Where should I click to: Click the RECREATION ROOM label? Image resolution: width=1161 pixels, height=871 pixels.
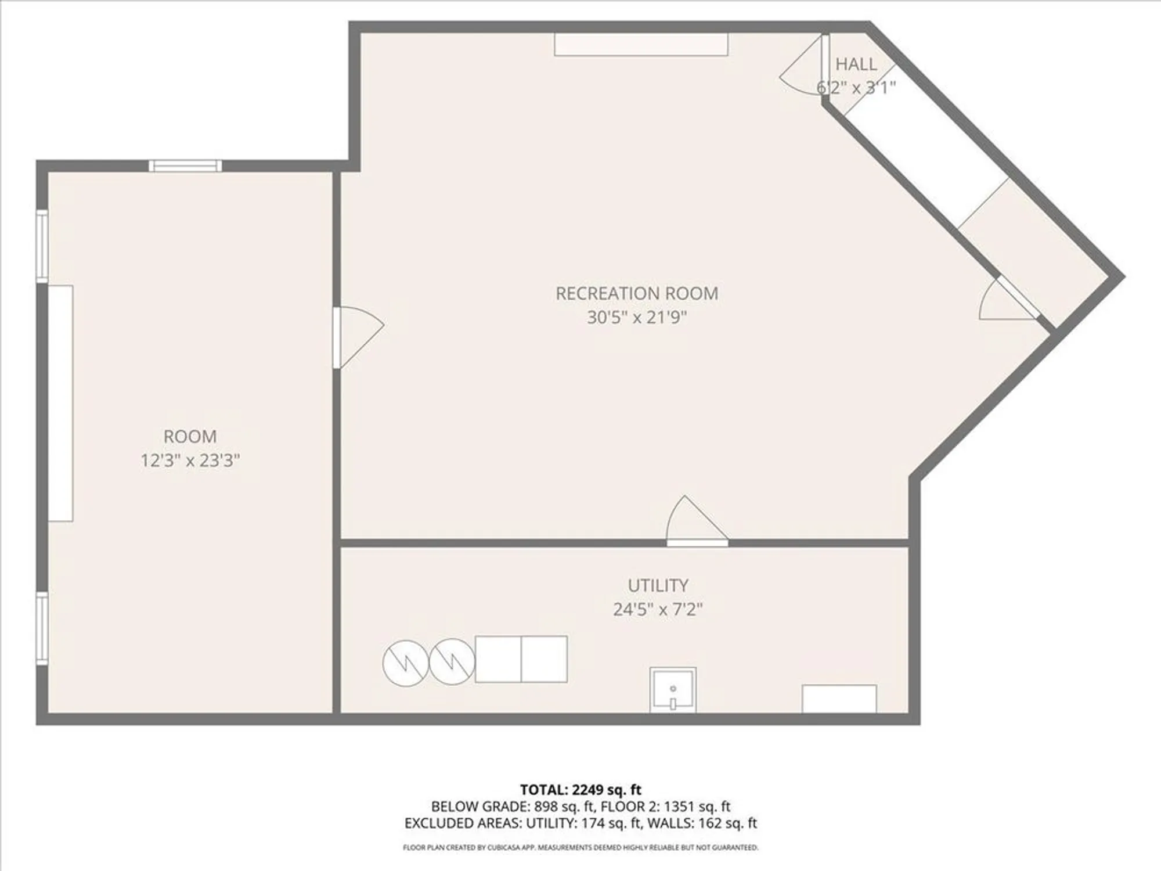pos(637,294)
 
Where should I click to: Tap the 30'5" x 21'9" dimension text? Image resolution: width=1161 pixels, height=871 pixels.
pos(637,318)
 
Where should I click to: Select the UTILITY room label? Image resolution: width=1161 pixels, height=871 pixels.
pos(658,585)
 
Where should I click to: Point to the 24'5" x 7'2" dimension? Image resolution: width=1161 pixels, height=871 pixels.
pos(658,610)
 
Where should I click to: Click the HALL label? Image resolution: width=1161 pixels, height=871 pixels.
pos(856,64)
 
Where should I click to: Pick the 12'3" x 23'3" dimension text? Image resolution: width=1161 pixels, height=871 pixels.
pos(190,460)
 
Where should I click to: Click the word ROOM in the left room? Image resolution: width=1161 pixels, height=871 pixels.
pos(190,437)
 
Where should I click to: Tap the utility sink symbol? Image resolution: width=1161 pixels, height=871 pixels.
pos(672,690)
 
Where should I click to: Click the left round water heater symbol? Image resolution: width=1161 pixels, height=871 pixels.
pos(405,663)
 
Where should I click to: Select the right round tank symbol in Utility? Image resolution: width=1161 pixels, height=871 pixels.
pos(452,661)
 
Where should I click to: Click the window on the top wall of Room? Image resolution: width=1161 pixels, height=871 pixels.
pos(185,166)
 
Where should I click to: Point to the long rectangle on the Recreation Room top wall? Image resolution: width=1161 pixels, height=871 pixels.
pos(641,45)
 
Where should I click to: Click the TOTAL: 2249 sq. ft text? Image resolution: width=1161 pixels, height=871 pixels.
pos(580,790)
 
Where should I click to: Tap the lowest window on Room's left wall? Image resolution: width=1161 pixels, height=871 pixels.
pos(42,628)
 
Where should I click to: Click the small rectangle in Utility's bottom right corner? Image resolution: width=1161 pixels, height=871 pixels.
pos(839,699)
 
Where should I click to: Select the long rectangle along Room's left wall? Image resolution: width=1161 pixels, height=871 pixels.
pos(60,403)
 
